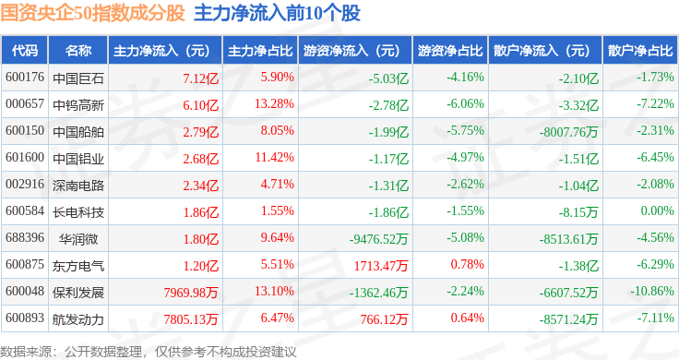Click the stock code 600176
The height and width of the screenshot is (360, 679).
(25, 78)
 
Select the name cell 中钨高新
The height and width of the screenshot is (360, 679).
(78, 105)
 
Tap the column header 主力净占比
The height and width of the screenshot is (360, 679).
(260, 51)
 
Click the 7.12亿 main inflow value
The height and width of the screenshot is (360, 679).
(200, 78)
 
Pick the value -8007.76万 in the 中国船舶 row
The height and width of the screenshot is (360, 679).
(568, 132)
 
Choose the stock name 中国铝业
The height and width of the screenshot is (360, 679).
(78, 159)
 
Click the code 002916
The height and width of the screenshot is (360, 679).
(25, 184)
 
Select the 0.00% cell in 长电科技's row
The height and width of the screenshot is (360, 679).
(658, 211)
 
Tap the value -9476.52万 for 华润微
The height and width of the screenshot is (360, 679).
(378, 239)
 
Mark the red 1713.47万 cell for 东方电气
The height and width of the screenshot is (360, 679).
(381, 266)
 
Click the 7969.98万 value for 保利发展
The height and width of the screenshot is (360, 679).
(191, 293)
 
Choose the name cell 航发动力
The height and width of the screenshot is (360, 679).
(78, 319)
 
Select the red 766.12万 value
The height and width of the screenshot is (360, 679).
(384, 319)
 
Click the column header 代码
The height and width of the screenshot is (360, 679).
(25, 51)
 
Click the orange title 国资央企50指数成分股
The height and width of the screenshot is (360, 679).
(92, 13)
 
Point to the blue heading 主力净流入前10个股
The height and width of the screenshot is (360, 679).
(277, 13)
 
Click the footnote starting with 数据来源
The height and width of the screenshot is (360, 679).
(149, 352)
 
